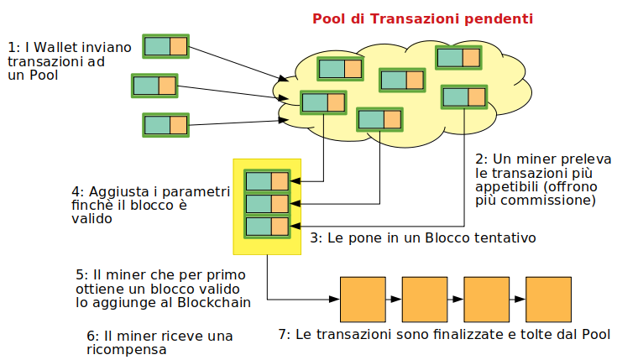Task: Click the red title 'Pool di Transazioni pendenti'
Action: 422,18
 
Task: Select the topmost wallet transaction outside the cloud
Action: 165,45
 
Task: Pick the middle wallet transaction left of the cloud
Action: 154,85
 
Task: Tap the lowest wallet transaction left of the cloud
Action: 166,125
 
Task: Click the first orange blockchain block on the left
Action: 361,298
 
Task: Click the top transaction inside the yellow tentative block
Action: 267,180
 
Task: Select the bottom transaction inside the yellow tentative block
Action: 267,226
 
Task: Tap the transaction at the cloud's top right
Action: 458,57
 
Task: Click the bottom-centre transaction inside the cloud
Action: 379,118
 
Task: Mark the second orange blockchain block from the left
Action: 424,298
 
